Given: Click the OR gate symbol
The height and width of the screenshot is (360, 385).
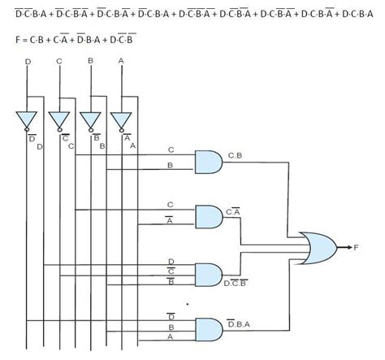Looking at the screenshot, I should click(315, 247).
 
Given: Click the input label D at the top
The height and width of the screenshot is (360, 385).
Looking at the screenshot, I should click(28, 61).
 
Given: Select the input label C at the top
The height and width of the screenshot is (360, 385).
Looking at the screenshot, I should click(59, 61).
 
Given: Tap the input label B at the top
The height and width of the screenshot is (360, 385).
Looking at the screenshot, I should click(91, 61).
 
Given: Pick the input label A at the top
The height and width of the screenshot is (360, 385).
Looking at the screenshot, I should click(122, 61).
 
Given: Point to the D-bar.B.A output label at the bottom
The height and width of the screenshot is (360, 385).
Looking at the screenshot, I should click(240, 326).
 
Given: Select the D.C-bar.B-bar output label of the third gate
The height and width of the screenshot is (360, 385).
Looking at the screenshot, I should click(236, 281).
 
